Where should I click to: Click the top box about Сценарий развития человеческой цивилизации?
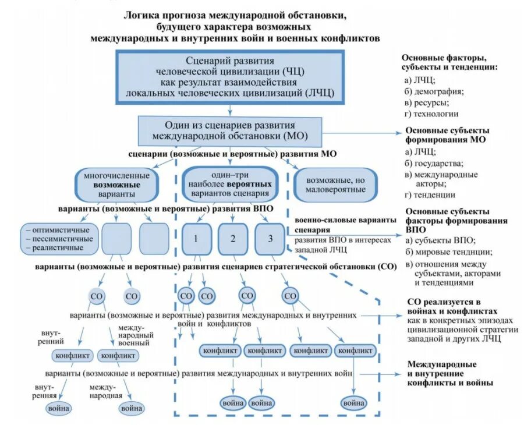click(x=231, y=76)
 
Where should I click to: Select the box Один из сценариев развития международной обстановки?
click(x=229, y=132)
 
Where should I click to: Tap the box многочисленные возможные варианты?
click(x=116, y=184)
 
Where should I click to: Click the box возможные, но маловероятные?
click(x=336, y=184)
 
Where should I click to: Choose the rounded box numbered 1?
click(x=196, y=239)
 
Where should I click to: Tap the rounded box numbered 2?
click(x=233, y=239)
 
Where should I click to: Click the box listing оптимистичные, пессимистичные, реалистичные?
click(x=58, y=239)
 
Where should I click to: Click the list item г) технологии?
click(x=431, y=114)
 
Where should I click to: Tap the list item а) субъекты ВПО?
click(x=440, y=240)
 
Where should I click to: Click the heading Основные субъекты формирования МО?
click(x=447, y=135)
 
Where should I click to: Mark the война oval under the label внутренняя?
click(x=58, y=408)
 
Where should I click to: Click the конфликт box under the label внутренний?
click(x=73, y=355)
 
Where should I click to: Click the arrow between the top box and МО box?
click(x=231, y=108)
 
